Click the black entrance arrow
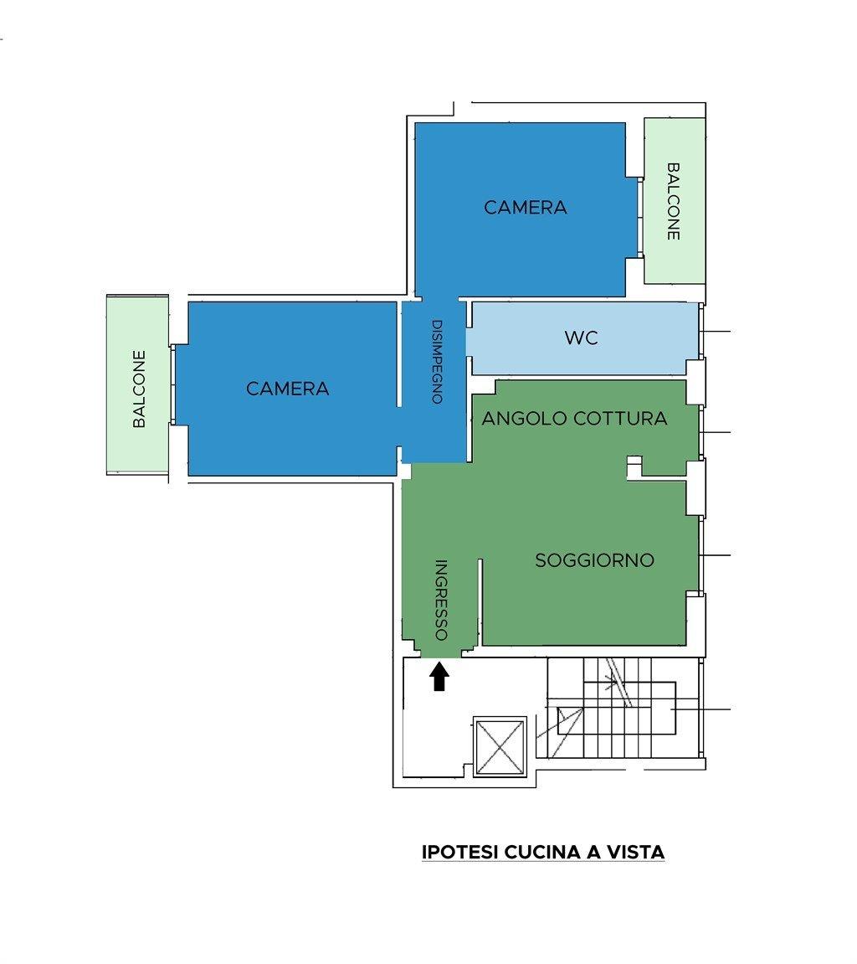(x=439, y=676)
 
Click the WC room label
(x=581, y=338)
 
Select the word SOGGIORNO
(x=595, y=560)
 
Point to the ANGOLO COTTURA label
(x=574, y=419)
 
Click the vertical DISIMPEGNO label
(x=437, y=362)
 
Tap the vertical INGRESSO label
(x=441, y=600)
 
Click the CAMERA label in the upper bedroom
(x=526, y=207)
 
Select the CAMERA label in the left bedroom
(x=288, y=389)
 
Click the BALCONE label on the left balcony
(x=140, y=389)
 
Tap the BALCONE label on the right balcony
(x=674, y=201)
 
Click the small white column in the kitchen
(x=634, y=467)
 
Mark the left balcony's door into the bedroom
(x=172, y=384)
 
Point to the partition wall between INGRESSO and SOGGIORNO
(x=480, y=601)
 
